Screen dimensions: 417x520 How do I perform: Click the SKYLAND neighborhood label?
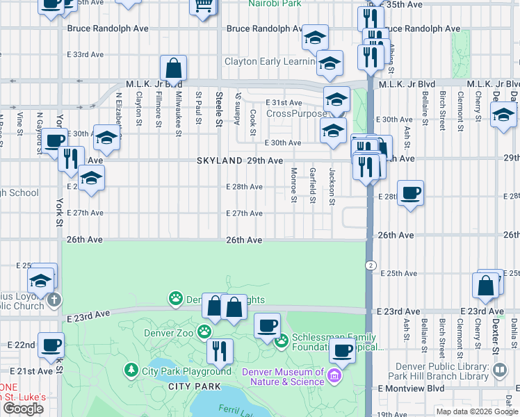(219, 161)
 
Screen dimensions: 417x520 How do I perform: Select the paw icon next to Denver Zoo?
(204, 331)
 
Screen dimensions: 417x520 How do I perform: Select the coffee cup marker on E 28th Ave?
(411, 194)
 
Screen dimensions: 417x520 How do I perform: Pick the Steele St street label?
(218, 110)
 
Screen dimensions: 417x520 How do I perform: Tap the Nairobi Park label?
(276, 3)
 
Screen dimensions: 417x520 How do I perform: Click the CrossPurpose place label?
(297, 113)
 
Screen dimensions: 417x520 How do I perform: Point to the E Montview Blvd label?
(410, 388)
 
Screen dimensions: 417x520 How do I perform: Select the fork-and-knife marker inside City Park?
(220, 352)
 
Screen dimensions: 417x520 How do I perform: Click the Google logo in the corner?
(23, 409)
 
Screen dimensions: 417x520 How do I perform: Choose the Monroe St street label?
(293, 186)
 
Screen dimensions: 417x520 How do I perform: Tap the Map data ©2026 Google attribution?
(476, 411)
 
